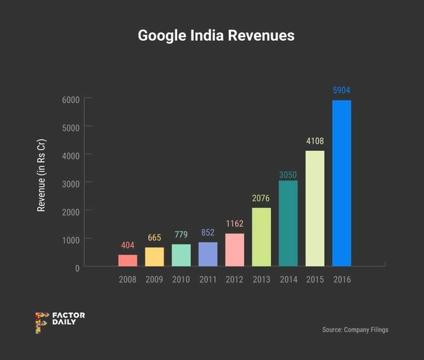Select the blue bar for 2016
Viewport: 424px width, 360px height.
[x=341, y=183]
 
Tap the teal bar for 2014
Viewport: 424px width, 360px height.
[x=288, y=223]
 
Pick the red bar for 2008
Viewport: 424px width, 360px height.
[x=127, y=261]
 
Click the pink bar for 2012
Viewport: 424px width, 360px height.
[x=235, y=250]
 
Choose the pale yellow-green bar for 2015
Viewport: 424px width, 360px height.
[x=315, y=209]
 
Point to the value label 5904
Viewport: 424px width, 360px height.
[x=341, y=91]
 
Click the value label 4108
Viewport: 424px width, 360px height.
[x=315, y=142]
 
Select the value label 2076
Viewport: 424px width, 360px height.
[x=262, y=199]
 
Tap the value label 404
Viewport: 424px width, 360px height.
[x=127, y=245]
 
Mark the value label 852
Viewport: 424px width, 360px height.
[x=208, y=233]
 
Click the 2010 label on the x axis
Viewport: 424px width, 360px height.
[x=181, y=279]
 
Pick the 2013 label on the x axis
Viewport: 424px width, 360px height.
[x=262, y=279]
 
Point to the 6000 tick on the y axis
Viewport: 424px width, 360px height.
[x=70, y=99]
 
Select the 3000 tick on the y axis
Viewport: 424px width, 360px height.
[x=70, y=183]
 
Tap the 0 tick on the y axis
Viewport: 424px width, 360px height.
[x=76, y=268]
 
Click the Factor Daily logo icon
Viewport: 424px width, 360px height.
[x=41, y=322]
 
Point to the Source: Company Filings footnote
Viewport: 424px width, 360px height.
[x=355, y=330]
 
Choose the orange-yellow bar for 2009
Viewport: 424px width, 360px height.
[x=154, y=257]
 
